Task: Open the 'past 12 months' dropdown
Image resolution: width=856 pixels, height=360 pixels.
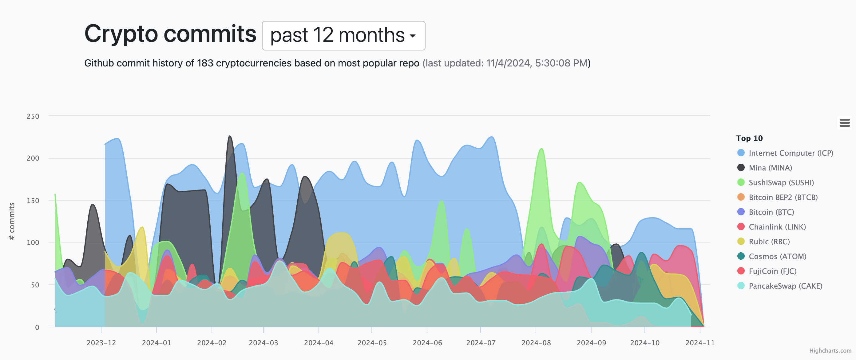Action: point(343,36)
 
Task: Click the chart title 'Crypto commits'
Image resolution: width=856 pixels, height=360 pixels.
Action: point(170,34)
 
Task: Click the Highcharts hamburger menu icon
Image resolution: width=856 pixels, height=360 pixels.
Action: point(844,123)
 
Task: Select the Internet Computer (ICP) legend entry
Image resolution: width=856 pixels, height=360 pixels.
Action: point(791,153)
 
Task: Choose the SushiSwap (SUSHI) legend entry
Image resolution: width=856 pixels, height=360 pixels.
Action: point(781,182)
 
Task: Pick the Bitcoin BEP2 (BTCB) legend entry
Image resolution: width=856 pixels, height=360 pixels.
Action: point(783,197)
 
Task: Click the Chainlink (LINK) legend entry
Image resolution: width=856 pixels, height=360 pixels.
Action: point(777,227)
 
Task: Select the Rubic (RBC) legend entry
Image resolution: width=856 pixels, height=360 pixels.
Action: point(769,241)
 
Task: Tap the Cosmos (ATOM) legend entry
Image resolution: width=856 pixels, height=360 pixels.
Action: point(777,256)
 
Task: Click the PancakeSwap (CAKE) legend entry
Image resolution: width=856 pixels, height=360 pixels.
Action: point(785,286)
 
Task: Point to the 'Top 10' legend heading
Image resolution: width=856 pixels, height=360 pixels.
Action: point(749,138)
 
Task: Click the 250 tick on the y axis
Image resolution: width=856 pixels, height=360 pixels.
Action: point(33,116)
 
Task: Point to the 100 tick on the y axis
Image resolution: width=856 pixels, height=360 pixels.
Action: point(33,242)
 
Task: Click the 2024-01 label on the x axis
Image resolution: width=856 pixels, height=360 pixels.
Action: point(157,343)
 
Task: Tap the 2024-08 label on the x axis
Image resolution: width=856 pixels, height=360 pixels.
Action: point(536,343)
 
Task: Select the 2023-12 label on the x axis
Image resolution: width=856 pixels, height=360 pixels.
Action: point(101,343)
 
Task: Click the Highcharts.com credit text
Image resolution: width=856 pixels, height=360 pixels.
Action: point(830,351)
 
